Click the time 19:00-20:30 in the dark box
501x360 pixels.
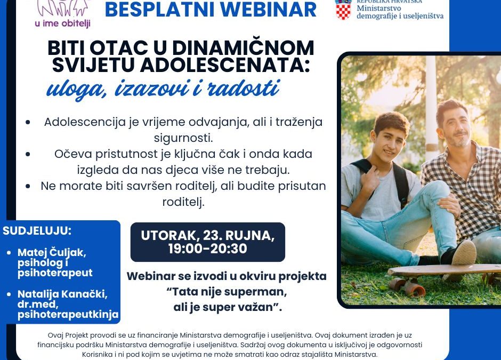[x=207, y=249]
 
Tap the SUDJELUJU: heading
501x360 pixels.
[x=37, y=231]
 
